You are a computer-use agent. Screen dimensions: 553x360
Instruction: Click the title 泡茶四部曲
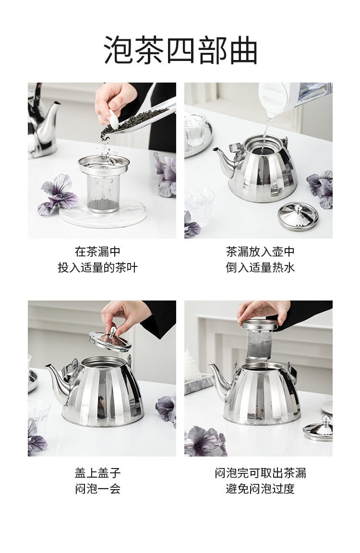click(180, 50)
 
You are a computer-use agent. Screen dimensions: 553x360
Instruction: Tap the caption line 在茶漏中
click(97, 252)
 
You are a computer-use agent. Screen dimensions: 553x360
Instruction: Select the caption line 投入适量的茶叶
click(97, 267)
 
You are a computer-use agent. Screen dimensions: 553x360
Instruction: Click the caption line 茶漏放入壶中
click(260, 252)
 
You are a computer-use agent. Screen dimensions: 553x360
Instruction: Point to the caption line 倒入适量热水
click(260, 267)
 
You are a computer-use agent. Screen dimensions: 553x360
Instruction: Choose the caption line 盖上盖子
click(97, 473)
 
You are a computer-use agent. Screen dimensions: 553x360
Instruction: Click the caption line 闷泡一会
click(97, 489)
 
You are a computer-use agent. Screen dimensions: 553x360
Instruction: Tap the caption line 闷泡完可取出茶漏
click(260, 473)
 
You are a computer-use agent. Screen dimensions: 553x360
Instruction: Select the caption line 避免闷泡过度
click(260, 489)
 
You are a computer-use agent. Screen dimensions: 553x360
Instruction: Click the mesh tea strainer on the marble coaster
click(104, 185)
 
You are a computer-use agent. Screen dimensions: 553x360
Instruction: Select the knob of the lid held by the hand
click(112, 332)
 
